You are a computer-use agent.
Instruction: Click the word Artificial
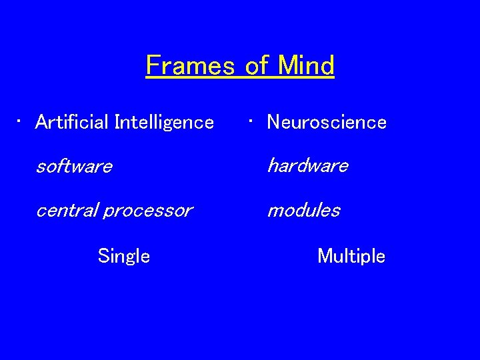[x=73, y=122]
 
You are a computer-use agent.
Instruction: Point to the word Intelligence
[x=164, y=123]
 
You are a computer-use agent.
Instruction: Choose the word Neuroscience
[x=327, y=122]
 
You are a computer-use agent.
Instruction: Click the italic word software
[x=73, y=166]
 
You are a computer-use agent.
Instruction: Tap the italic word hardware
[x=307, y=165]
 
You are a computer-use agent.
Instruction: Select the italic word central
[x=66, y=211]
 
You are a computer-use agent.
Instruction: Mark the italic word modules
[x=303, y=211]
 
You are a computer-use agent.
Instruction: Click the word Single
[x=123, y=256]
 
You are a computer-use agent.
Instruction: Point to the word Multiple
[x=351, y=256]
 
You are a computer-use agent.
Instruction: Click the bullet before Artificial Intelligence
[x=21, y=121]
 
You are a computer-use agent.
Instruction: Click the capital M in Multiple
[x=325, y=256]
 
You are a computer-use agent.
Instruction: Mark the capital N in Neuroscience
[x=273, y=122]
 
